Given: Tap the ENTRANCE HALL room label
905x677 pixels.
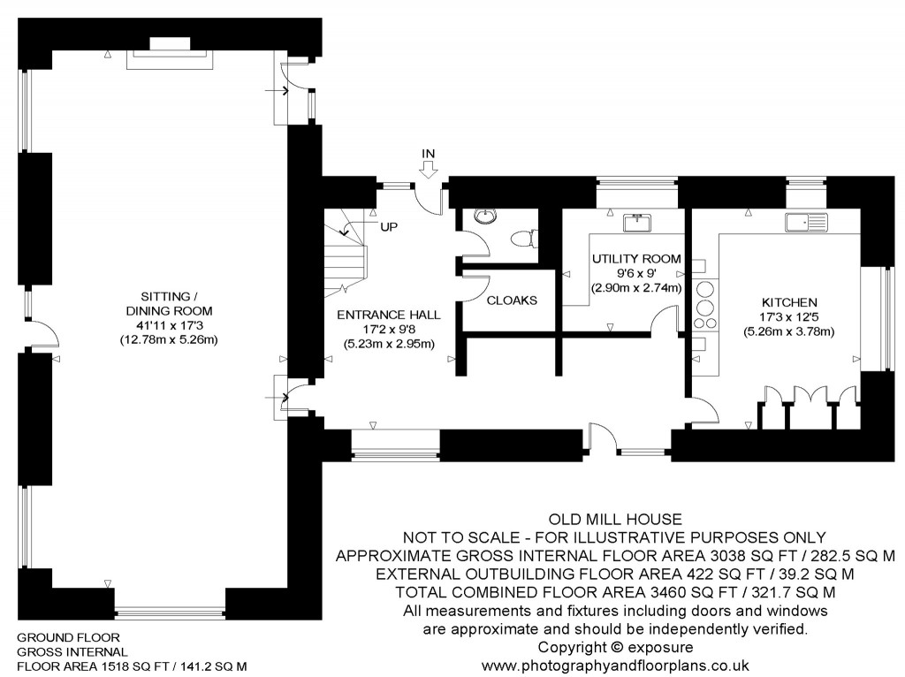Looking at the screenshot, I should [389, 314].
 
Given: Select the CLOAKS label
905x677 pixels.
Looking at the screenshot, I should [512, 300].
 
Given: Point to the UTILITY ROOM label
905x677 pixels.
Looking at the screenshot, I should [636, 258].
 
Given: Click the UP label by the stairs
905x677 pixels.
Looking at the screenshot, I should [389, 227].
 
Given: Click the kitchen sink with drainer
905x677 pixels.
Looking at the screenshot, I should [804, 223].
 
